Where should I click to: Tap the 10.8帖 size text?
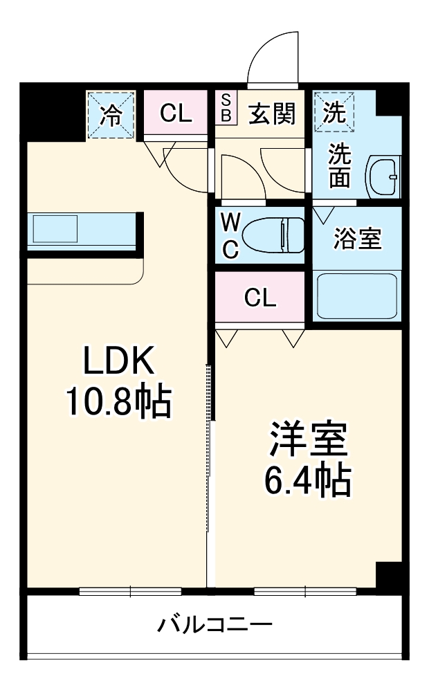click(x=118, y=401)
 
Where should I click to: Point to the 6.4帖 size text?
click(x=307, y=479)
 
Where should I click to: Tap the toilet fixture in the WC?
click(x=275, y=235)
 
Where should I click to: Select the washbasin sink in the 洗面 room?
click(x=382, y=177)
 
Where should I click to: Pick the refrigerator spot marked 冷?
click(x=111, y=115)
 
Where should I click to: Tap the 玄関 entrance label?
click(x=272, y=113)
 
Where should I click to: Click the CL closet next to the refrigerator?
click(x=176, y=113)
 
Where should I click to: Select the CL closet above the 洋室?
click(x=260, y=298)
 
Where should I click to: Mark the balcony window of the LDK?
click(x=130, y=591)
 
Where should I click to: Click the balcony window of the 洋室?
click(x=304, y=591)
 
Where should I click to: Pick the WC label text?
click(x=230, y=236)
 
